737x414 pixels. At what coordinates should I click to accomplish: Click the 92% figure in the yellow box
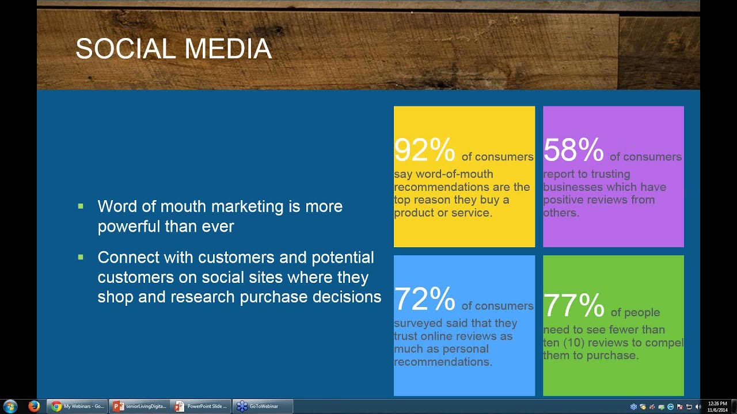pos(424,149)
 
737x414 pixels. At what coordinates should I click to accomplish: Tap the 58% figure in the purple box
pos(573,149)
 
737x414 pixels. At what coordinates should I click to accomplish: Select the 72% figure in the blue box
pos(424,298)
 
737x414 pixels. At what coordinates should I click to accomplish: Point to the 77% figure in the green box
pos(573,305)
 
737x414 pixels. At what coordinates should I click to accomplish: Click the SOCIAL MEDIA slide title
pos(173,49)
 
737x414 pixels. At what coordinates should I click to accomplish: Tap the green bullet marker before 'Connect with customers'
pos(81,257)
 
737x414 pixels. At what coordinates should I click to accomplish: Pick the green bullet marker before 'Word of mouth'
pos(81,206)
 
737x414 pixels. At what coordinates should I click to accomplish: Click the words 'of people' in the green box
pos(635,312)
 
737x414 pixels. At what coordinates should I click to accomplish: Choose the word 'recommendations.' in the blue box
pos(443,362)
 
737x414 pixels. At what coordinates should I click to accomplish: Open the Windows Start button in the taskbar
pos(10,407)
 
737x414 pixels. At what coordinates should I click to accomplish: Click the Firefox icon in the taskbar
pos(34,407)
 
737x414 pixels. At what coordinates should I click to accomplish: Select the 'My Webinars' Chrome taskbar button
pos(77,407)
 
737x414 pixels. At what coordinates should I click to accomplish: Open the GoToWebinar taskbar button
pos(263,407)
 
